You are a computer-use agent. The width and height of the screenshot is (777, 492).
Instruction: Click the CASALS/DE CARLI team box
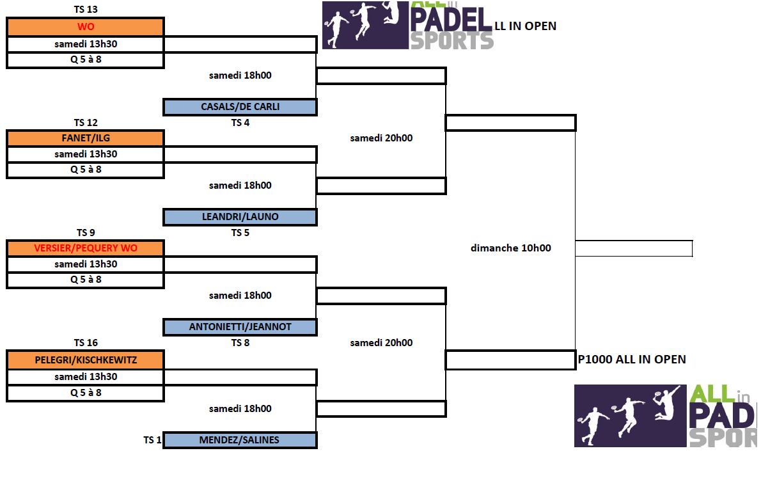coord(240,107)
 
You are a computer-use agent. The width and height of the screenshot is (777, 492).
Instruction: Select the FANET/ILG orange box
coord(86,138)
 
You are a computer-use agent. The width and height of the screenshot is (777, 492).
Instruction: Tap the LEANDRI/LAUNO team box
coord(240,217)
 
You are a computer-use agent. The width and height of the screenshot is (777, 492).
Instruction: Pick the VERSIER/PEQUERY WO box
coord(86,248)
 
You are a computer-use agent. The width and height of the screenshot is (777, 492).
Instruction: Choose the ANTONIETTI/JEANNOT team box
coord(240,327)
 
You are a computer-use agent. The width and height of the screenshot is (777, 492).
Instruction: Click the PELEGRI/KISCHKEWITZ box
coord(86,360)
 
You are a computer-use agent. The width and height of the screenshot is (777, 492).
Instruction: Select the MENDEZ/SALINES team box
coord(240,440)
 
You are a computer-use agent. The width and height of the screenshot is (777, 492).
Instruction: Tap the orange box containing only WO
coord(86,27)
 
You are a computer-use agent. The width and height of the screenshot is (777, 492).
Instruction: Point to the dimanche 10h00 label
coord(510,248)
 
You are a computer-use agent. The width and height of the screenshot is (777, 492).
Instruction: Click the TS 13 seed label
coord(86,10)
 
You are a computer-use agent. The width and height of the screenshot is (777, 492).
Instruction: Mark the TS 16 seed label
coord(86,343)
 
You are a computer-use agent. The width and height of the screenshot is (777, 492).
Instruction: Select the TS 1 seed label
coord(152,440)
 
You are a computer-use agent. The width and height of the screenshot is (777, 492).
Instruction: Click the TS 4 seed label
coord(240,123)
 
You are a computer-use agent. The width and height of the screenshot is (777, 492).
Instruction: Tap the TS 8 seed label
coord(240,343)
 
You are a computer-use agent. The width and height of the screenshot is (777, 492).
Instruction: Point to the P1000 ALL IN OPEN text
coord(632,360)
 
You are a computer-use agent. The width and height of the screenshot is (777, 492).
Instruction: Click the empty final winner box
coord(633,248)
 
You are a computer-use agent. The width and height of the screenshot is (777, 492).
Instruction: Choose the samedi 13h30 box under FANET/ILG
coord(86,154)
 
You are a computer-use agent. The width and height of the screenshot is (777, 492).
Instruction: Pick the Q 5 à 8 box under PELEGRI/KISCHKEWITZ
coord(86,393)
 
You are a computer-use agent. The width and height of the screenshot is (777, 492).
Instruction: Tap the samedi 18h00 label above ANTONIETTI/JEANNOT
coord(240,296)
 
